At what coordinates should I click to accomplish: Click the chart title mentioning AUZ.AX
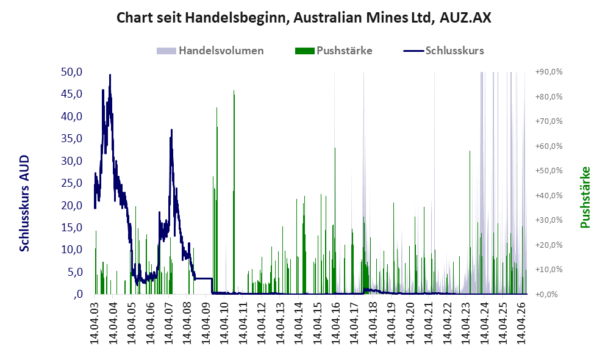coord(304,18)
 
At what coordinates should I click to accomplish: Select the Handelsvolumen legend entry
coord(210,51)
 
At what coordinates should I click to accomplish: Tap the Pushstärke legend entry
coord(334,51)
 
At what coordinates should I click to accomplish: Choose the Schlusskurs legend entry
coord(443,51)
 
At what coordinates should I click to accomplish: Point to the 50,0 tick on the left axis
coord(72,72)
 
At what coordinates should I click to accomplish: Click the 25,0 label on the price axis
coord(72,182)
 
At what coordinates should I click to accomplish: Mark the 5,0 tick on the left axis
coord(75,272)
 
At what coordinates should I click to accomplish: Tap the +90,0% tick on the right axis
coord(549,72)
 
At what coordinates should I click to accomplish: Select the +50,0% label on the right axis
coord(549,171)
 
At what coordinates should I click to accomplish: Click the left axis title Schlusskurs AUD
coord(24,203)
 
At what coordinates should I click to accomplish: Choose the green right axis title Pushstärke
coord(585,198)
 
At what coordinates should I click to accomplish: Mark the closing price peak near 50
coord(110,75)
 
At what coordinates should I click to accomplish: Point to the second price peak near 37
coord(171,130)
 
